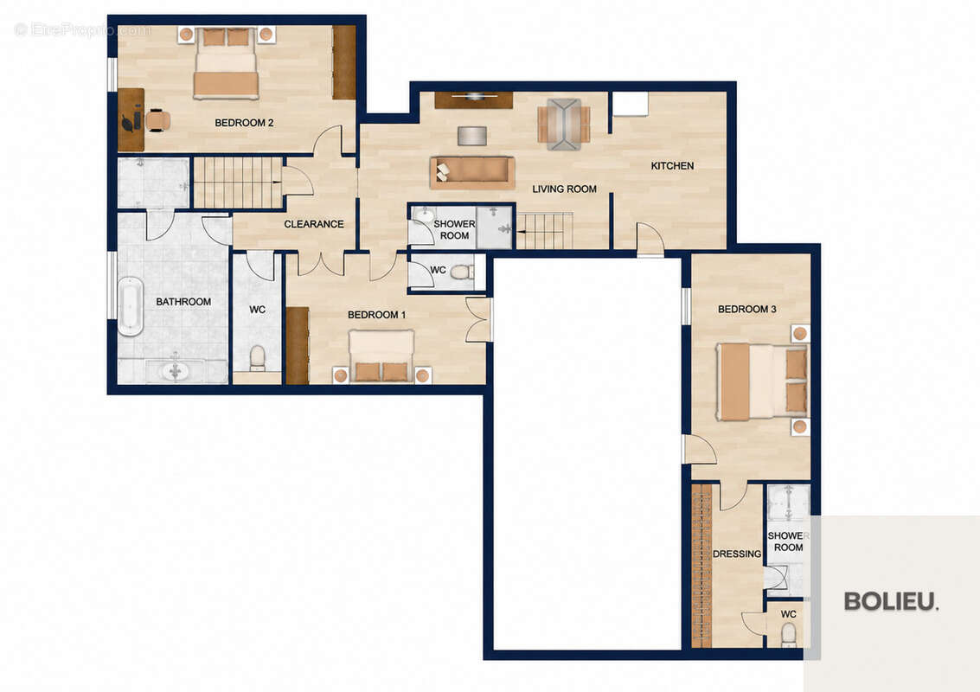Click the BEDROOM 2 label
tap(244, 123)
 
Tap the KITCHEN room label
tap(672, 166)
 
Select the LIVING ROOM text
tap(564, 189)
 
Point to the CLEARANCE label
tap(314, 224)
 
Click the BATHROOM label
tap(183, 301)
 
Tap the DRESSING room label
tap(737, 554)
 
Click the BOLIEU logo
tap(891, 601)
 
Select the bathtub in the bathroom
tap(130, 305)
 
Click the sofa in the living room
tap(472, 172)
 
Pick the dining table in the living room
tap(564, 124)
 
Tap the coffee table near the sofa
tap(472, 136)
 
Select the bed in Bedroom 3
tap(762, 381)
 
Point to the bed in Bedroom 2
tap(226, 62)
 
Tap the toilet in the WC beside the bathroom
tap(257, 359)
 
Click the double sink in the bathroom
tap(175, 371)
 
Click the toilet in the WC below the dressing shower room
tap(789, 634)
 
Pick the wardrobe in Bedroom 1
tap(298, 345)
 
